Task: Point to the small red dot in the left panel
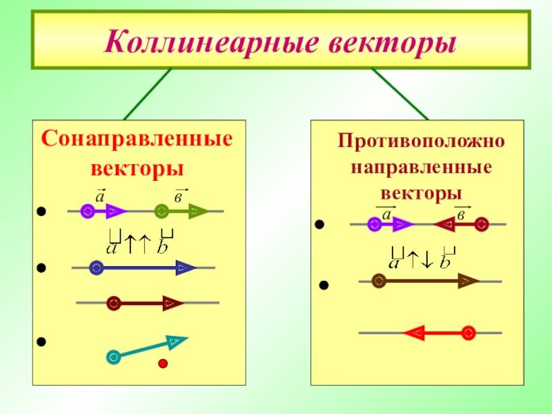click(x=164, y=364)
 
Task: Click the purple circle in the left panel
click(x=87, y=211)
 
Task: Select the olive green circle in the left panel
click(x=161, y=211)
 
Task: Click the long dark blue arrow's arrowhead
click(x=185, y=268)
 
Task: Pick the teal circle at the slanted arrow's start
click(x=114, y=357)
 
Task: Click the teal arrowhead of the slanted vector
click(x=176, y=340)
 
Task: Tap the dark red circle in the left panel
click(x=114, y=303)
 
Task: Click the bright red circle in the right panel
click(x=469, y=333)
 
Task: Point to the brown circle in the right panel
click(x=378, y=281)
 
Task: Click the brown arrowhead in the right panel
click(x=469, y=281)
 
